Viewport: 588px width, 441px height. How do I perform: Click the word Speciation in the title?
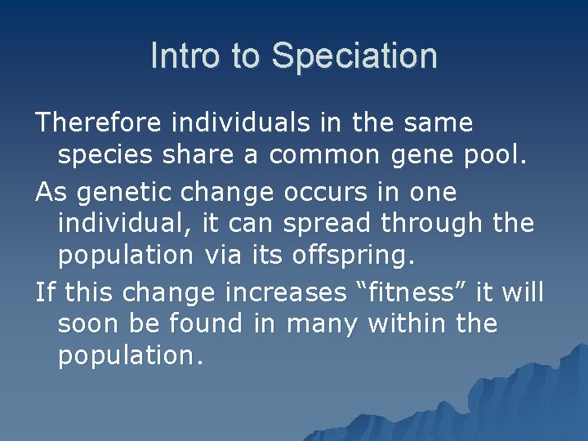pyautogui.click(x=354, y=56)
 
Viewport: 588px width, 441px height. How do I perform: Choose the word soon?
pyautogui.click(x=89, y=324)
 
